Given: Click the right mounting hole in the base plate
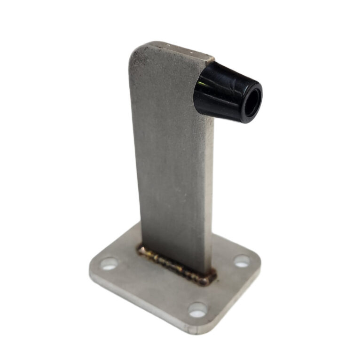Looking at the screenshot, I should (242, 261).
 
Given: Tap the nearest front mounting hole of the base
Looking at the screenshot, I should (198, 309).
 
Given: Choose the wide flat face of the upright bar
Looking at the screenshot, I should (169, 155).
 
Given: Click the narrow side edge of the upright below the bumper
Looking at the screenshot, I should (210, 188).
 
